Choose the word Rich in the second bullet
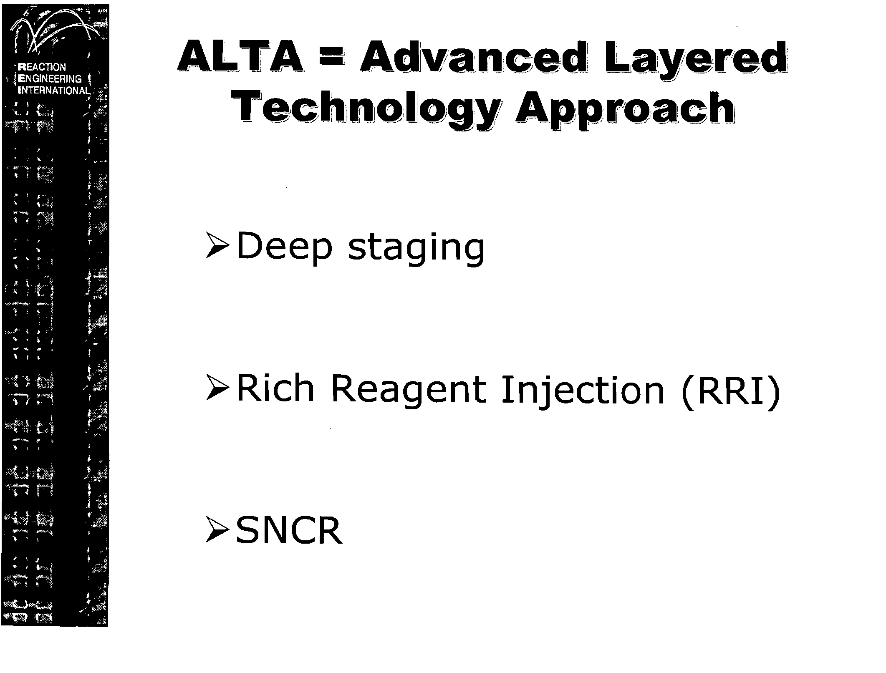click(x=275, y=388)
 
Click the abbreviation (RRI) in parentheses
click(x=729, y=391)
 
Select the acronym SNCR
click(x=289, y=530)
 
